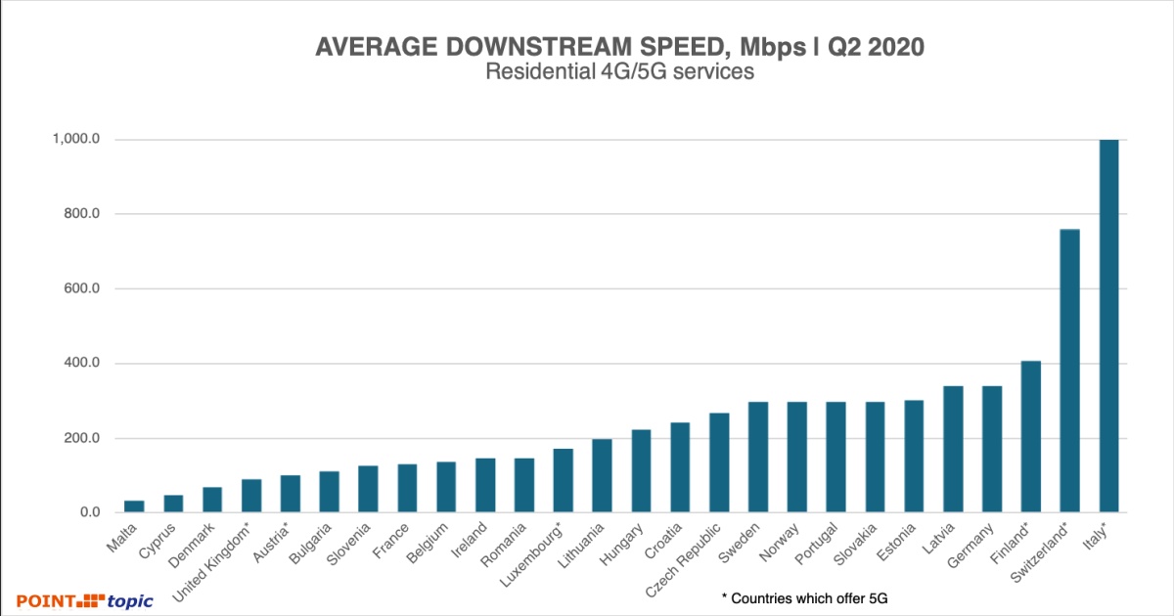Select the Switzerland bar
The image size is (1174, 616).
click(x=1069, y=372)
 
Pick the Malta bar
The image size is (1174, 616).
click(x=134, y=506)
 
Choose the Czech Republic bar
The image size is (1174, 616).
click(x=719, y=462)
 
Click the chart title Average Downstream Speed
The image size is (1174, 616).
click(x=619, y=48)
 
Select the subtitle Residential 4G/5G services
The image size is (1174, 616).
click(x=619, y=72)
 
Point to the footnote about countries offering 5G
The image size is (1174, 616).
click(x=809, y=597)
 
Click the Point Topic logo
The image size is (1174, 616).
click(x=84, y=600)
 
